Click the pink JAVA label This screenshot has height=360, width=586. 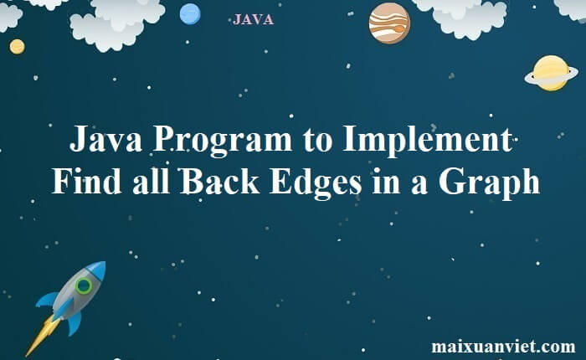[253, 19]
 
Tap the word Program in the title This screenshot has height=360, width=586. [223, 140]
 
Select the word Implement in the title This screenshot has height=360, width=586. [427, 140]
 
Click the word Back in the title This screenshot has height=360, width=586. [219, 181]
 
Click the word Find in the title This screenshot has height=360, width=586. [87, 181]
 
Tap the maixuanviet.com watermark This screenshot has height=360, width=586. [503, 346]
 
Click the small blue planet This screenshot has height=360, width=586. [190, 14]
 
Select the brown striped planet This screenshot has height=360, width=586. [389, 23]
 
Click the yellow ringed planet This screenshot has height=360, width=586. [551, 74]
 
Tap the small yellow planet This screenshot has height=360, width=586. [18, 47]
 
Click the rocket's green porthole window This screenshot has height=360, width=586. [84, 285]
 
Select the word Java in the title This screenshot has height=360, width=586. [105, 138]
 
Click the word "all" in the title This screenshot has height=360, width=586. [151, 181]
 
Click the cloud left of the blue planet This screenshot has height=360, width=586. [117, 23]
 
